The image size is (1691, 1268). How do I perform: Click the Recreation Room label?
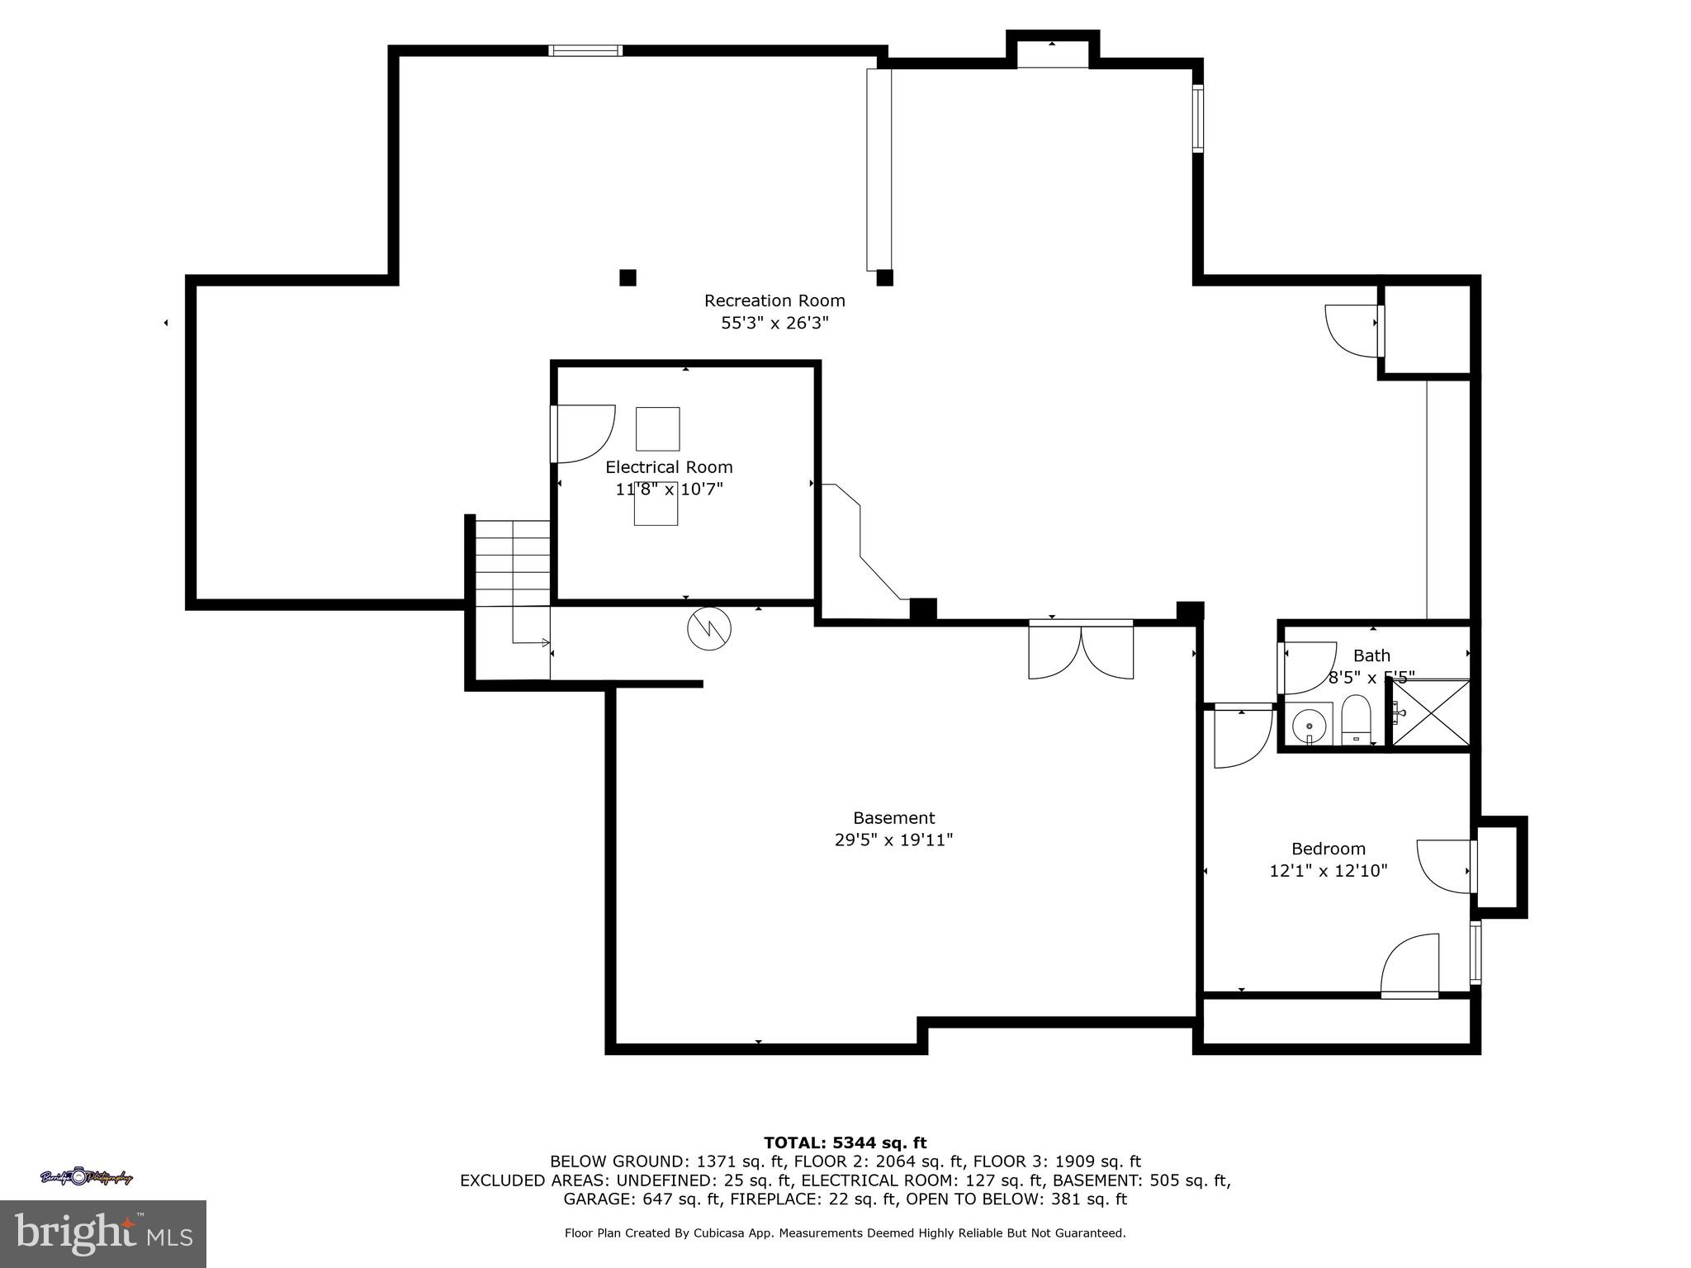point(774,300)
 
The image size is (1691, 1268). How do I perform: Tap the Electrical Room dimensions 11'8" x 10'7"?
point(669,490)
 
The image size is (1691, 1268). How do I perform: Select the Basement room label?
point(893,817)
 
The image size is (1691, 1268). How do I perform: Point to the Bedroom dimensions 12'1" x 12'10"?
point(1328,870)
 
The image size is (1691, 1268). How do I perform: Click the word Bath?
point(1371,655)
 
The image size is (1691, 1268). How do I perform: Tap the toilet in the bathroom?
point(1355,718)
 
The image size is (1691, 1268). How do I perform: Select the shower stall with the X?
point(1432,713)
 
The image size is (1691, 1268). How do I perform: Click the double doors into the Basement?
point(1081,651)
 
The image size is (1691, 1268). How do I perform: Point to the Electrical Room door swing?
point(585,433)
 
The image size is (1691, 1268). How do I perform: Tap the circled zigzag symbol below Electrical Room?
point(709,629)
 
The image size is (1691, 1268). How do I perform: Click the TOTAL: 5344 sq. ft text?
point(845,1143)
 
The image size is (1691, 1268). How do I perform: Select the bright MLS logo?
point(103,1233)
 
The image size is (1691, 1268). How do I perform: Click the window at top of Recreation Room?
point(585,51)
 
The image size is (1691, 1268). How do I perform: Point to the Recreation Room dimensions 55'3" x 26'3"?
point(774,323)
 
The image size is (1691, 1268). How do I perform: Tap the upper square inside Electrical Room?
point(657,428)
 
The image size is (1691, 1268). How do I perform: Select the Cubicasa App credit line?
point(845,1233)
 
